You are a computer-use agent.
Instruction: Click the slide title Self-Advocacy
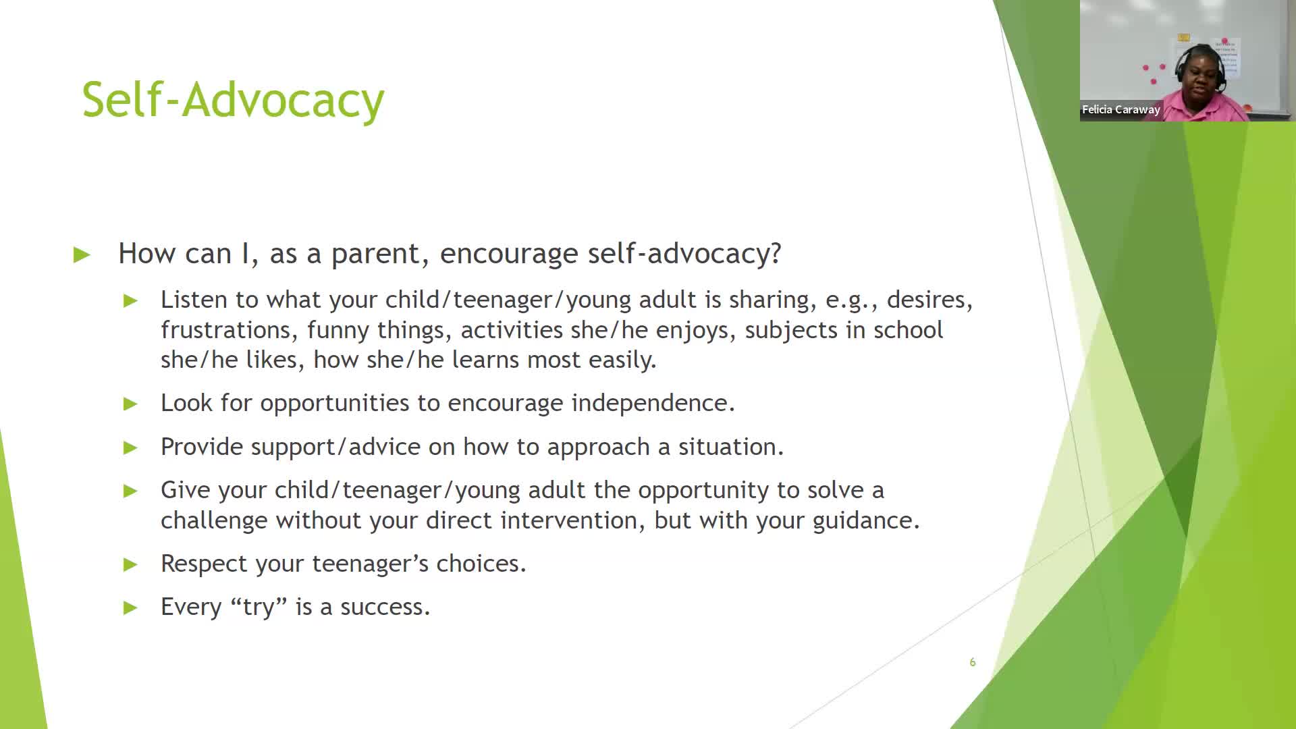[233, 100]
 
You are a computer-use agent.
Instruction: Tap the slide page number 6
[972, 662]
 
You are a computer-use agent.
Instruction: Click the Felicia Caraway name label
[1120, 109]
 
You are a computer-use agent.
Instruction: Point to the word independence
[653, 403]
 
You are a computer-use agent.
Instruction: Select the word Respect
[204, 564]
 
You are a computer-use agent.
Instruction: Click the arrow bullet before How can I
[82, 254]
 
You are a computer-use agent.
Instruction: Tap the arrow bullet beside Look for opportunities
[130, 404]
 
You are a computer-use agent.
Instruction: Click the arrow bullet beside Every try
[130, 607]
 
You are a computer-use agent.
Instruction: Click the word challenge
[214, 520]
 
